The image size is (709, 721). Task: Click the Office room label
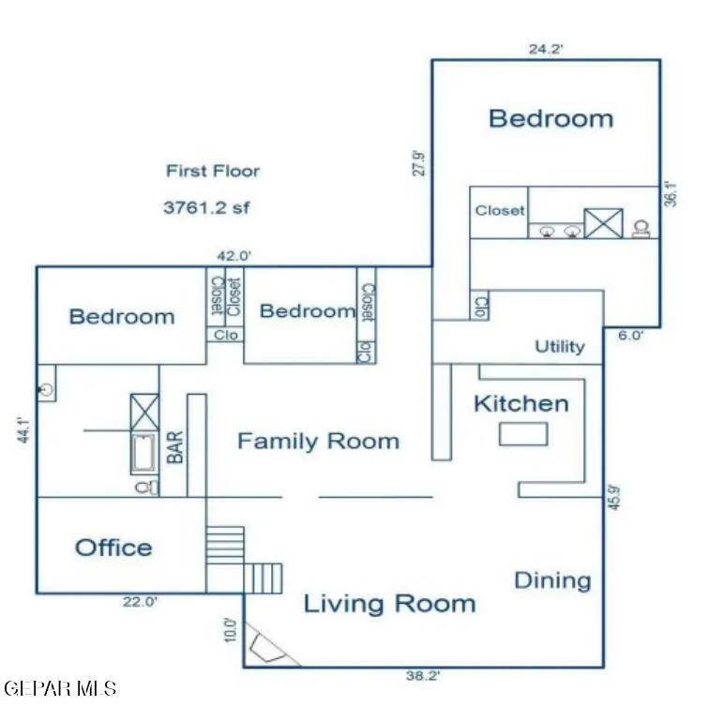click(113, 548)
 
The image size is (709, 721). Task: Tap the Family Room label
click(318, 442)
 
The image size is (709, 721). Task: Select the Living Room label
click(390, 603)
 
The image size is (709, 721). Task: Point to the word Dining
click(552, 580)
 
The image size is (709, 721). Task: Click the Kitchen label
click(521, 404)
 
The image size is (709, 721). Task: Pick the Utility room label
click(560, 346)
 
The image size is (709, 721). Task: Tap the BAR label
click(175, 447)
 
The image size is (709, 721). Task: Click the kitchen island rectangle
click(523, 434)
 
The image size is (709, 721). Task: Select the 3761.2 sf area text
click(206, 207)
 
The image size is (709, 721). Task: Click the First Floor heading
click(213, 171)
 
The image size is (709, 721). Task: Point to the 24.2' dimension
click(546, 49)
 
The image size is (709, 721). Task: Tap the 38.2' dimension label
click(423, 675)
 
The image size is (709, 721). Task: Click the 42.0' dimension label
click(234, 256)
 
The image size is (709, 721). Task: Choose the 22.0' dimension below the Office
click(140, 601)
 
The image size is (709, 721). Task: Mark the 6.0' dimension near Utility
click(630, 336)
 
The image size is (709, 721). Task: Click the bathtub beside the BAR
click(144, 454)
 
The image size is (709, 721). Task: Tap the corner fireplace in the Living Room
click(267, 645)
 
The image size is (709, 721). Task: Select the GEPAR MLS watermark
click(60, 688)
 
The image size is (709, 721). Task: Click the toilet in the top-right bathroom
click(641, 229)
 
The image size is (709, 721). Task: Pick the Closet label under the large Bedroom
click(500, 211)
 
